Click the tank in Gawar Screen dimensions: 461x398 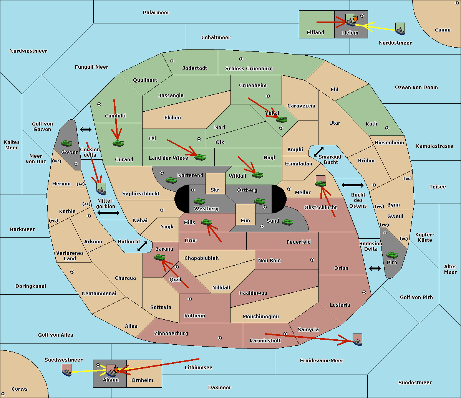tap(66, 143)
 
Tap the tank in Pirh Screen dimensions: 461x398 tap(392, 255)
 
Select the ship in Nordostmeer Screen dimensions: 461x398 tap(400, 29)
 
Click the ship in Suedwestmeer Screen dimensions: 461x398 tap(66, 370)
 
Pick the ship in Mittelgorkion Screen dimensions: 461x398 tap(101, 189)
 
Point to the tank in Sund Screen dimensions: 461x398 tap(287, 222)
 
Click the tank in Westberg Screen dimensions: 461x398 tap(199, 201)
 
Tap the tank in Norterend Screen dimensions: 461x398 tap(171, 180)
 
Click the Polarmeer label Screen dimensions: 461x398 tap(156, 13)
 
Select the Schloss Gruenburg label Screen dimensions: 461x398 tap(249, 68)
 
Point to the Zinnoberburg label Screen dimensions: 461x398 tap(171, 334)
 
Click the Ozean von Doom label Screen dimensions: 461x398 tap(416, 88)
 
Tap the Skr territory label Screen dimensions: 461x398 tap(215, 190)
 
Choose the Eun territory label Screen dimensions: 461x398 tap(245, 220)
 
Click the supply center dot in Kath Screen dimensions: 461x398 tap(387, 128)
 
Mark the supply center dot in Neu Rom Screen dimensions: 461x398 tap(312, 260)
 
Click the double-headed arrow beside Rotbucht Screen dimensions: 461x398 tap(142, 246)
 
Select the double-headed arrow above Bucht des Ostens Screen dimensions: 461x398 tap(353, 185)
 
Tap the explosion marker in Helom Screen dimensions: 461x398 tap(355, 19)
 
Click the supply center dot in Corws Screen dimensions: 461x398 tap(3, 394)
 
